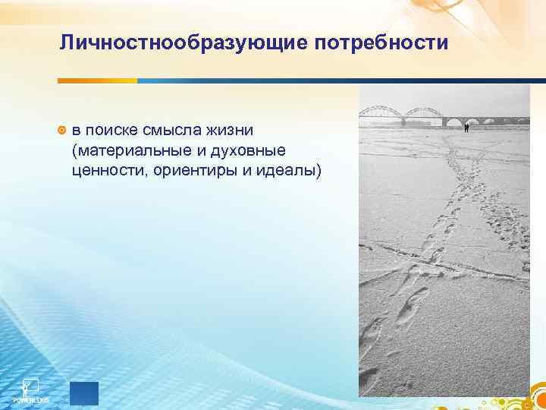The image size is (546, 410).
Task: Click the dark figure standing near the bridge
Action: click(466, 128)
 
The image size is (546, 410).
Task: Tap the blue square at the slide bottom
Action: click(83, 393)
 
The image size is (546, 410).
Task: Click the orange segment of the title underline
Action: click(98, 81)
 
